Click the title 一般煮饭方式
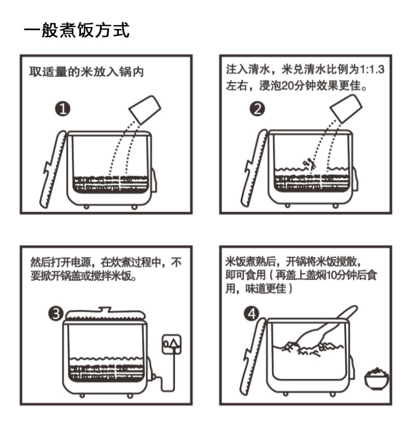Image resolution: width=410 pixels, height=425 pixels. point(77,30)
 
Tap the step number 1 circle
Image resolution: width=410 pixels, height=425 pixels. point(63,109)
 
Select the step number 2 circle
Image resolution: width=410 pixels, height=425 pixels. point(257,109)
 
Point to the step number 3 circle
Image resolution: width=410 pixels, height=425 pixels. point(56,313)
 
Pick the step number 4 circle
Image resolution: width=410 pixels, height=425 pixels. point(252,313)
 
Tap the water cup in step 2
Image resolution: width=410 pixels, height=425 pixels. point(346,108)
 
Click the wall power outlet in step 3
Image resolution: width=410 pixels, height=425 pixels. point(171,344)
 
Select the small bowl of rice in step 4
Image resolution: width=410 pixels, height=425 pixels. point(376,378)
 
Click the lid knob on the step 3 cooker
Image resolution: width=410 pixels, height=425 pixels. point(105,309)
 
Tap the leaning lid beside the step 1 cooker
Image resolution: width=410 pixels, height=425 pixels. point(53,169)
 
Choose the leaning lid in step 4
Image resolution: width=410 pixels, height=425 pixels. point(252,357)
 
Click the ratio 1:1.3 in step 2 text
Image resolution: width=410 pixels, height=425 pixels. point(372,70)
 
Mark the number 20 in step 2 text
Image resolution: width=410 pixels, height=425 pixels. point(289,86)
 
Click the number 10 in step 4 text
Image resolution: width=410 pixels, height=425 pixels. point(333,276)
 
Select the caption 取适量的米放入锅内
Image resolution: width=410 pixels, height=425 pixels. point(86,72)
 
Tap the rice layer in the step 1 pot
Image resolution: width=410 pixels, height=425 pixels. point(111,184)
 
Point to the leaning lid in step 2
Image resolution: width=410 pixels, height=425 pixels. point(254,168)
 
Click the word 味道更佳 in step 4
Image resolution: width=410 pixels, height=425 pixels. point(266,289)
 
